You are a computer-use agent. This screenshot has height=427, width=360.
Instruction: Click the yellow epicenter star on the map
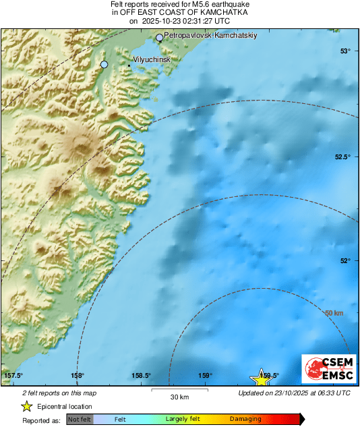[261, 378]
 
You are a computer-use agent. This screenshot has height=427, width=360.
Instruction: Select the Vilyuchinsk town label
[154, 60]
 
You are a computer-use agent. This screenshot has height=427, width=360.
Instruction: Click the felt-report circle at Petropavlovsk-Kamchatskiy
[160, 38]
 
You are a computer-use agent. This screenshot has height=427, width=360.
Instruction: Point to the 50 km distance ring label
[334, 313]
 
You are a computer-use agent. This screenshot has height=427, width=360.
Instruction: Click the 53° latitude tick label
[344, 51]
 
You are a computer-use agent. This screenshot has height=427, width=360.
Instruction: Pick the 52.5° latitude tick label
[342, 157]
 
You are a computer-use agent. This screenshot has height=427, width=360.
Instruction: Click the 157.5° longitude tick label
[13, 376]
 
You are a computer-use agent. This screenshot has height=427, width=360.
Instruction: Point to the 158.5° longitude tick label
[141, 376]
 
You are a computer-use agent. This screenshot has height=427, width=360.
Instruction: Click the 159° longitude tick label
[206, 376]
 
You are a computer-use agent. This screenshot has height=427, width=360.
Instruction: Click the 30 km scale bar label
[179, 397]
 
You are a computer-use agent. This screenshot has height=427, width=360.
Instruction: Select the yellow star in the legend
[26, 406]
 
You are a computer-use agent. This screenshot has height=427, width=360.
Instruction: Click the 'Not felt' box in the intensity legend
[80, 420]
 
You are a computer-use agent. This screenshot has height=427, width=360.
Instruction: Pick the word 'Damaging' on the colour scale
[245, 420]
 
